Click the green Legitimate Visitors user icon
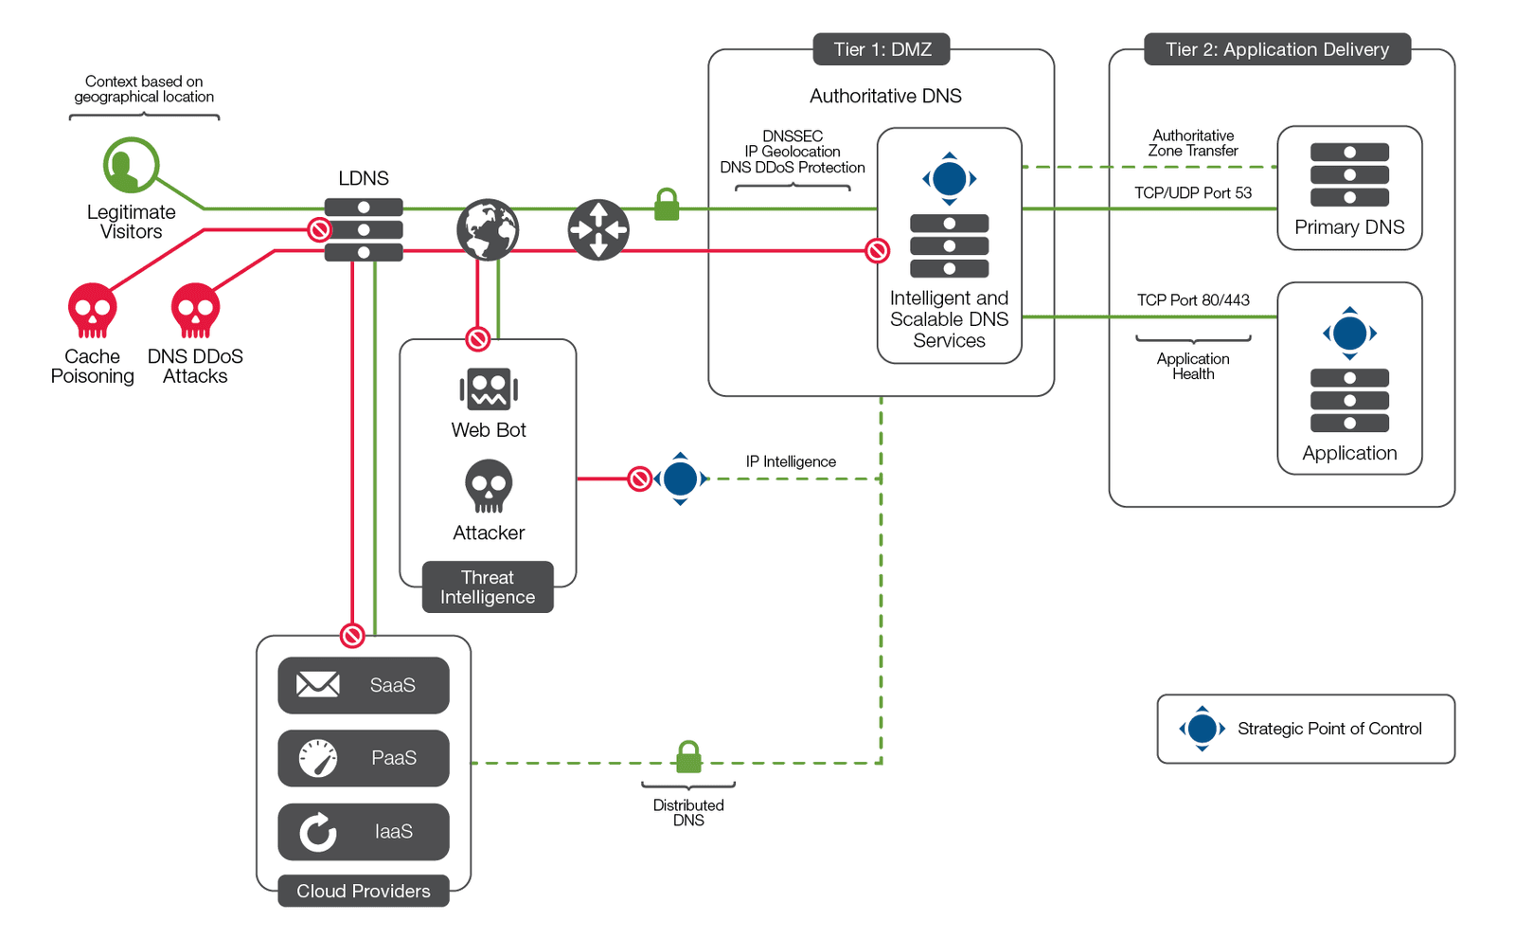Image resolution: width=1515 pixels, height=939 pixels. point(131,166)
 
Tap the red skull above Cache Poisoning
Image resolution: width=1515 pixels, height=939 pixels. point(92,310)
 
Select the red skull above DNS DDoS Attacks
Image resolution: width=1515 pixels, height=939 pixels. point(195,310)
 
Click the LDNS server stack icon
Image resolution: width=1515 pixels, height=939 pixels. point(364,229)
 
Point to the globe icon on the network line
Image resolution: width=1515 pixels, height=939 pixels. point(488,229)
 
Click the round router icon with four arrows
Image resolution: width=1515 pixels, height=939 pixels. point(598,229)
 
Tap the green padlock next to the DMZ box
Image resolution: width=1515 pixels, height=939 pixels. point(667,205)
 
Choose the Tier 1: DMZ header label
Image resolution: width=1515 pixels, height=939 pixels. point(882,49)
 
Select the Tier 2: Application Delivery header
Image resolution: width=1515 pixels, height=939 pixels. point(1276,49)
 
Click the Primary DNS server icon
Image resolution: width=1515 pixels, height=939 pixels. point(1349,175)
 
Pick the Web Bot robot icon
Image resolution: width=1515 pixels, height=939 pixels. point(489,389)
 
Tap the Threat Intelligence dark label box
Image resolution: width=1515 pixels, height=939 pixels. point(488,587)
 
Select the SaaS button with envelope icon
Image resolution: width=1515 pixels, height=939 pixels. point(364,685)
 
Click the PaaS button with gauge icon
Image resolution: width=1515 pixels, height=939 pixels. point(364,758)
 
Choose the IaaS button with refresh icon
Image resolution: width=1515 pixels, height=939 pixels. point(364,832)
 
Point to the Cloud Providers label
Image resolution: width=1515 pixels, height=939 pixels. point(364,891)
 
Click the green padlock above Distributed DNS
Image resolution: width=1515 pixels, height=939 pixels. point(688,757)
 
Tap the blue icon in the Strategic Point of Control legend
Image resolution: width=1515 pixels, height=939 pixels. point(1202,729)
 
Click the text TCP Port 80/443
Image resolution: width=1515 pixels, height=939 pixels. point(1193,300)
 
